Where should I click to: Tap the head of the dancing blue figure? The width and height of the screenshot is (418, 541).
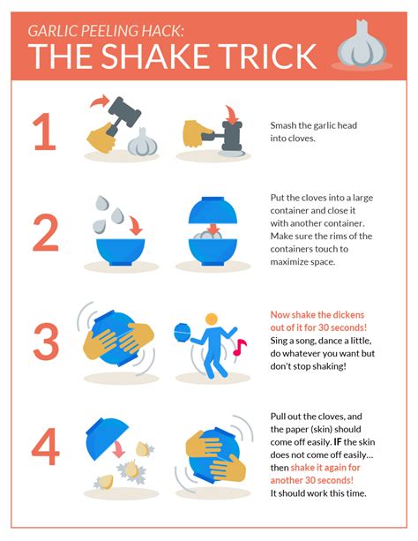pyautogui.click(x=211, y=319)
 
